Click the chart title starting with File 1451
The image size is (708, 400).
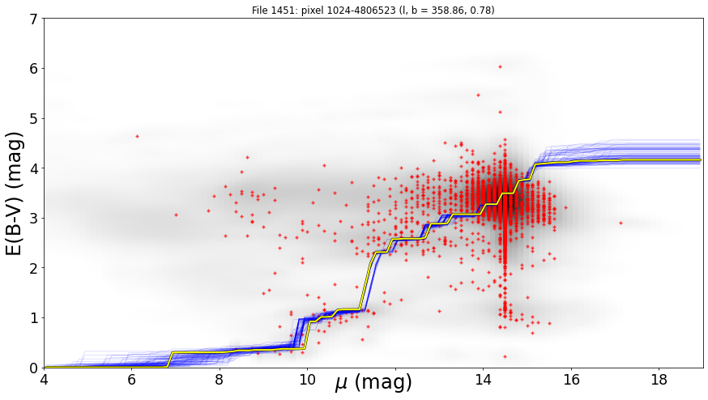[373, 10]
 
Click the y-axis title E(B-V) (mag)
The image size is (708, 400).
[14, 194]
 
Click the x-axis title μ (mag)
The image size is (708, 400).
[373, 382]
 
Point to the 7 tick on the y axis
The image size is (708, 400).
[34, 19]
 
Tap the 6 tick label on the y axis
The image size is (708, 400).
[34, 69]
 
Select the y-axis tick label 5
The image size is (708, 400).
[34, 119]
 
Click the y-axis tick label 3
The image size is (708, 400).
[34, 219]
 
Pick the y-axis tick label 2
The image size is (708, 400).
[34, 268]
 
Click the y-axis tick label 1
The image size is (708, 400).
[34, 318]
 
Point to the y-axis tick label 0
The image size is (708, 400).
[34, 368]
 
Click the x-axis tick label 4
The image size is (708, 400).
[44, 380]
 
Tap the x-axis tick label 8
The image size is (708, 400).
[220, 380]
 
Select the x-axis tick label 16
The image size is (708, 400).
[571, 380]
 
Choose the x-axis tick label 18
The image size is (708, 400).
[659, 380]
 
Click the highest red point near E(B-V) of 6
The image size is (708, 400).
[500, 67]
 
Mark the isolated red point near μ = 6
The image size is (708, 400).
[137, 136]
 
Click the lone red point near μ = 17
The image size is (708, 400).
[621, 223]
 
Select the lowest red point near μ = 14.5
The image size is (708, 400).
[505, 356]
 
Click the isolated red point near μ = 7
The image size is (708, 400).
[176, 215]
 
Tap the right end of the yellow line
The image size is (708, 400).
[701, 160]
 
